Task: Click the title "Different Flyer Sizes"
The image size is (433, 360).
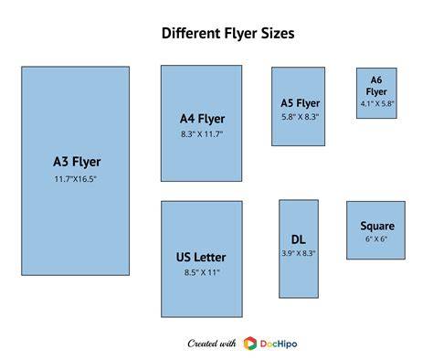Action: (x=227, y=33)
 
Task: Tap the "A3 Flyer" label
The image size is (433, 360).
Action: (x=77, y=162)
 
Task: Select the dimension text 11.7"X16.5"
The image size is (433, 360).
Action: (x=75, y=179)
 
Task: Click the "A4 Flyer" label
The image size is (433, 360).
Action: (x=202, y=119)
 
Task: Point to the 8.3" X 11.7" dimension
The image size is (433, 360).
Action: (x=202, y=134)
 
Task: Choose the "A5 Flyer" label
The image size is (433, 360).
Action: (x=300, y=103)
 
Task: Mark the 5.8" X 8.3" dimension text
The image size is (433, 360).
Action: (x=300, y=117)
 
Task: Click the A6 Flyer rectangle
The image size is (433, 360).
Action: (x=376, y=93)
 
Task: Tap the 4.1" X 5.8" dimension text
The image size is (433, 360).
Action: (x=377, y=103)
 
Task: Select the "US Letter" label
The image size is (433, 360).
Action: (x=201, y=258)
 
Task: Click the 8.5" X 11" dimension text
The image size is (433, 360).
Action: (x=202, y=272)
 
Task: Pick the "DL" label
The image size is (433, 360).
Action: (x=299, y=239)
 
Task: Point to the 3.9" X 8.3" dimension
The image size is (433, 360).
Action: (x=299, y=253)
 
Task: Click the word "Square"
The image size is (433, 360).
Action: (x=377, y=227)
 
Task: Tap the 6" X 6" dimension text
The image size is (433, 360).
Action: (x=376, y=239)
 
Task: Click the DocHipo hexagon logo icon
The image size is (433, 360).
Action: (x=250, y=344)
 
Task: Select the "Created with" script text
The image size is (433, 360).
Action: (x=212, y=344)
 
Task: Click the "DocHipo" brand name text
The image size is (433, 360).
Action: (x=279, y=344)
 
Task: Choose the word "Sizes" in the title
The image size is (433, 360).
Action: (x=278, y=33)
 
